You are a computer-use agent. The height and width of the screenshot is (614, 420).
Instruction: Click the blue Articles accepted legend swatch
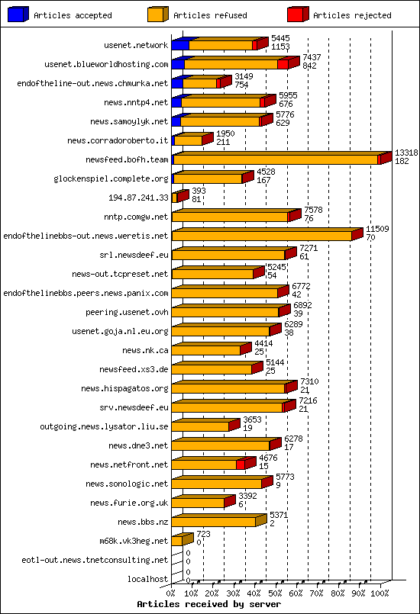click(x=18, y=14)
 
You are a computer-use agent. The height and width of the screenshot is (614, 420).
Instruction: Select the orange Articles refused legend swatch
click(x=157, y=14)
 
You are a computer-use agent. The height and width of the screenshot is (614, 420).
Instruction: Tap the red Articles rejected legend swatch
click(x=297, y=14)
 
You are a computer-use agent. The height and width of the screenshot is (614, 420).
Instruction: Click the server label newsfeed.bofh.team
click(x=128, y=159)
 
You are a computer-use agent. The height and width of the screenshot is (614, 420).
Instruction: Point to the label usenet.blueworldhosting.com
click(x=106, y=64)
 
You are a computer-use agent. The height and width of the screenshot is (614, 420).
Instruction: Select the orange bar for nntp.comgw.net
click(x=229, y=217)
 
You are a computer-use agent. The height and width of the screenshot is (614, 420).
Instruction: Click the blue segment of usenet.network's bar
click(x=179, y=46)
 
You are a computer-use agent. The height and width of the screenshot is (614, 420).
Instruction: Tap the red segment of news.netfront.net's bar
click(x=241, y=465)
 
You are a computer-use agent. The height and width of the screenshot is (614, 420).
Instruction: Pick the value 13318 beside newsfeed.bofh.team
click(x=405, y=153)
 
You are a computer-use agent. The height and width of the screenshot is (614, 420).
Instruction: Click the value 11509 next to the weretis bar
click(x=377, y=229)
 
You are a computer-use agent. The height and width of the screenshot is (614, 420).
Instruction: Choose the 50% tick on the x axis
click(x=276, y=593)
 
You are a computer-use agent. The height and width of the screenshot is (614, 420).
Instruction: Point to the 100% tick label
click(x=380, y=593)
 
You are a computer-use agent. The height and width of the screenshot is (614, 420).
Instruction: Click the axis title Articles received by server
click(x=200, y=603)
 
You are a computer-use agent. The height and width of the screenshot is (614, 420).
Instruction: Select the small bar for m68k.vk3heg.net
click(x=176, y=541)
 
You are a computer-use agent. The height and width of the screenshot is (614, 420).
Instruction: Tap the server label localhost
click(x=147, y=579)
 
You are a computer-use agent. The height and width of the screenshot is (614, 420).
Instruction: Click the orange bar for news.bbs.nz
click(x=213, y=522)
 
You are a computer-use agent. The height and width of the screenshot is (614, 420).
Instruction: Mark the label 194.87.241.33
click(x=137, y=198)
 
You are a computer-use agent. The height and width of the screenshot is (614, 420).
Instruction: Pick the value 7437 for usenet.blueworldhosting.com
click(x=311, y=57)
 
